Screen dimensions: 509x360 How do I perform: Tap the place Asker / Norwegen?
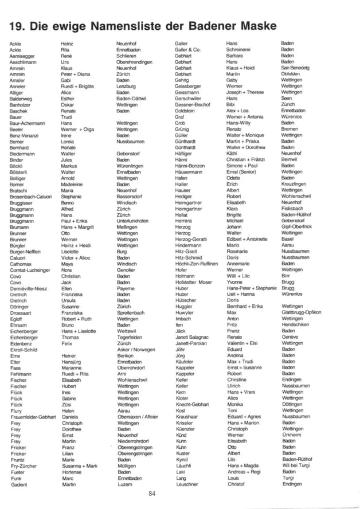pos(135,349)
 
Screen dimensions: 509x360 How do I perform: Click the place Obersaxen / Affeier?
pos(137,417)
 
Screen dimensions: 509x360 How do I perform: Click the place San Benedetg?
pos(296,68)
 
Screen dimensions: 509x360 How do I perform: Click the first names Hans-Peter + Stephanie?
pos(252,288)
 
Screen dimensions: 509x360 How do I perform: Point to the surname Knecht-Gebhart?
pos(193,404)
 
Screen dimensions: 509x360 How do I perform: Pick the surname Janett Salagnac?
pos(192,337)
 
